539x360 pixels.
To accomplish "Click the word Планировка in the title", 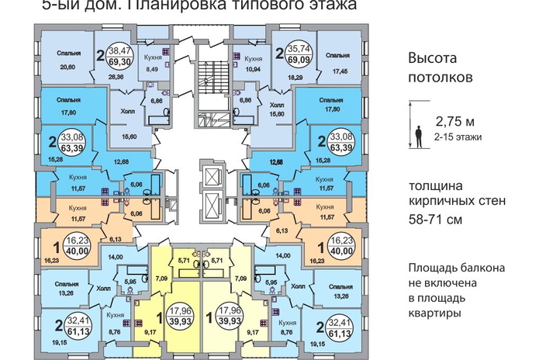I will [x=165, y=5].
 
